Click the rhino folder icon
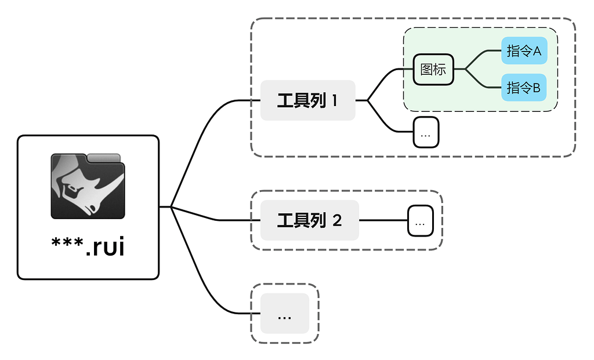pyautogui.click(x=88, y=186)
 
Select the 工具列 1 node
pyautogui.click(x=307, y=100)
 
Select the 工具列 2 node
pyautogui.click(x=309, y=220)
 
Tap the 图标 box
pyautogui.click(x=433, y=69)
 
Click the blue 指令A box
pyautogui.click(x=524, y=51)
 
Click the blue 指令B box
pyautogui.click(x=524, y=88)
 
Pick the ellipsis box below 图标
pyautogui.click(x=426, y=132)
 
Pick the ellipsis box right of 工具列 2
pyautogui.click(x=421, y=221)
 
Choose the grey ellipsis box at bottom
pyautogui.click(x=284, y=314)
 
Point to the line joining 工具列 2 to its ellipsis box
pyautogui.click(x=383, y=220)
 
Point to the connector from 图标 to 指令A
pyautogui.click(x=481, y=55)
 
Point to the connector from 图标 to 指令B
pyautogui.click(x=481, y=83)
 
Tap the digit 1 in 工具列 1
pyautogui.click(x=335, y=101)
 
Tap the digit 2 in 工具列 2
pyautogui.click(x=337, y=220)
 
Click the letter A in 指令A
pyautogui.click(x=536, y=51)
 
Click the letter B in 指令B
pyautogui.click(x=536, y=88)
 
